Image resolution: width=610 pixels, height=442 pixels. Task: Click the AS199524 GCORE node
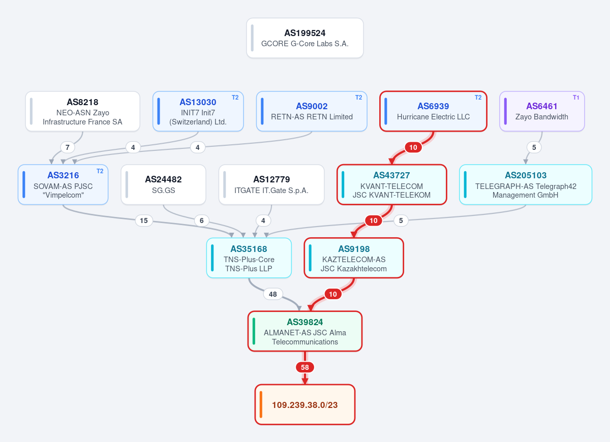click(x=304, y=38)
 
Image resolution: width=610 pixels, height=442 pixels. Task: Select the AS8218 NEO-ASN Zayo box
click(x=82, y=111)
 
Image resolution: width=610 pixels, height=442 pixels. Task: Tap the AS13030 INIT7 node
click(x=198, y=111)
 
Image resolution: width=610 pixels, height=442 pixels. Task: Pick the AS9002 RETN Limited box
click(x=312, y=111)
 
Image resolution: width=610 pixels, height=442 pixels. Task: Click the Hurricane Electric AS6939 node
click(x=433, y=111)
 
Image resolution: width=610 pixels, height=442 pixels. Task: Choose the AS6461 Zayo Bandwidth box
click(x=542, y=111)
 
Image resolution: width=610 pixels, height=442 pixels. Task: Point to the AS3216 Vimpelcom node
click(x=63, y=184)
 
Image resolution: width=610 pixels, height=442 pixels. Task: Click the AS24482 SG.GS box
click(x=163, y=184)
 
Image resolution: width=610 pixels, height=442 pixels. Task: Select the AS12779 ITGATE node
click(x=271, y=184)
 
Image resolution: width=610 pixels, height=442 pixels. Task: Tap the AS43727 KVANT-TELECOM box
click(x=391, y=184)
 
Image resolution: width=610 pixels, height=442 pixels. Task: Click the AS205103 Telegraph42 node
click(x=526, y=184)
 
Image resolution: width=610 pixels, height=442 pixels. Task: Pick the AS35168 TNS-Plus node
click(x=249, y=258)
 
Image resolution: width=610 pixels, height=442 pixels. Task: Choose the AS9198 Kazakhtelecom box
click(x=354, y=258)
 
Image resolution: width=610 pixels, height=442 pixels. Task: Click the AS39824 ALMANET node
click(x=304, y=331)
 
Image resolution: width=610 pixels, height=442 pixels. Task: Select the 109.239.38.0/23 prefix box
click(x=304, y=404)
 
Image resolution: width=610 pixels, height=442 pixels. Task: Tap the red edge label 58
click(x=304, y=367)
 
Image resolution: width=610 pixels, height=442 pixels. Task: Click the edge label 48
click(x=273, y=294)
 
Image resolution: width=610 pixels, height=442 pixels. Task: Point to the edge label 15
click(x=144, y=220)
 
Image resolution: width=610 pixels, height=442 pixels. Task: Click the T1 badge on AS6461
click(x=576, y=98)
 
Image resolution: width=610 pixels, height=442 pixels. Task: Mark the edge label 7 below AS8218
click(x=68, y=147)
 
